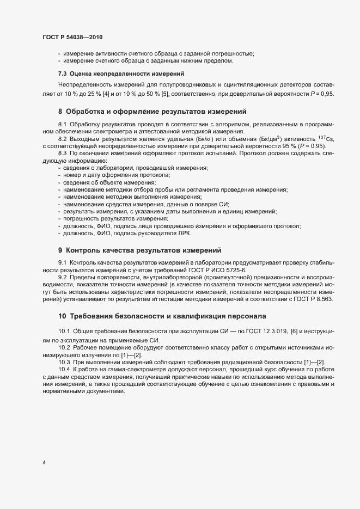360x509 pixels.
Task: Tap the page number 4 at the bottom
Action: point(44,463)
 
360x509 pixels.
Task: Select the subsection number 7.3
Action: point(63,73)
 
